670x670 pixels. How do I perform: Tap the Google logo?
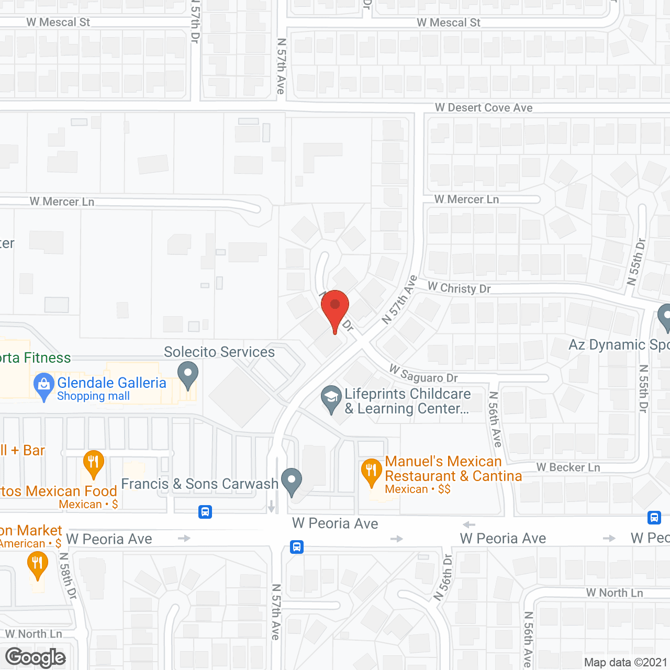tap(36, 657)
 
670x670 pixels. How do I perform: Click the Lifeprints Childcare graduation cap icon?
tap(331, 398)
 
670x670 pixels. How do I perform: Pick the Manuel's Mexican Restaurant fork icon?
tap(371, 471)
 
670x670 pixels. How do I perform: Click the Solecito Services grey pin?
tap(188, 375)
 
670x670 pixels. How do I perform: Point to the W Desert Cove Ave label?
tap(484, 108)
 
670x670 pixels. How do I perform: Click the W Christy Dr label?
tap(459, 288)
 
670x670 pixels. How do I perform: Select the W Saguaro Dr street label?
tap(423, 374)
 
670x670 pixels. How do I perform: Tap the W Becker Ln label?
tap(568, 467)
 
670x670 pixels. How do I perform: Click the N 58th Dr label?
tap(68, 576)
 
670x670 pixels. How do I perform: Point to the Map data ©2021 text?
tap(626, 663)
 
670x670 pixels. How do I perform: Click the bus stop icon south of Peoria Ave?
tap(297, 547)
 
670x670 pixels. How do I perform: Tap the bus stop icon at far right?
tap(654, 518)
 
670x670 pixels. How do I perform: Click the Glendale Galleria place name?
tap(111, 383)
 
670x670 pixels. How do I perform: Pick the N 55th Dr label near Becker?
tap(644, 388)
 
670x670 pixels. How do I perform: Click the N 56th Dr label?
tap(443, 577)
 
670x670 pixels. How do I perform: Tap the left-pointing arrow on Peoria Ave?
tap(469, 524)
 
